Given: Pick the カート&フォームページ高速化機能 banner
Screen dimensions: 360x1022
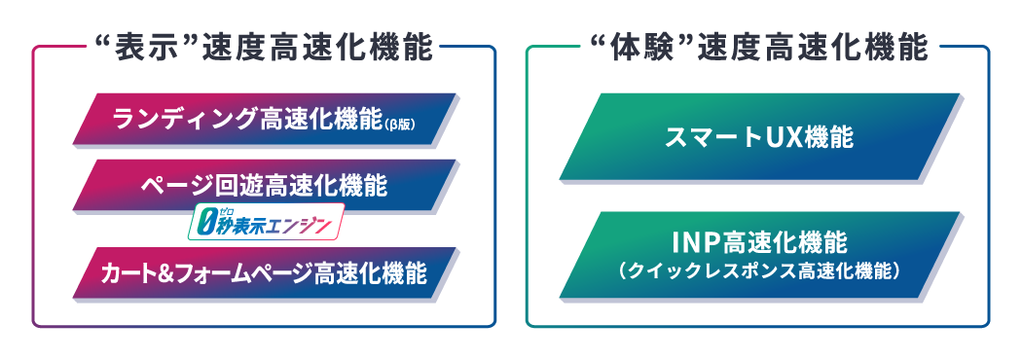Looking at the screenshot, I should coord(265,274).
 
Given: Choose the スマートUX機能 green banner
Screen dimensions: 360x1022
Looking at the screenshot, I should coord(758,137).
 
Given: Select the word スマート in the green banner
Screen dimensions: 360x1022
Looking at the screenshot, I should coord(710,137).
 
